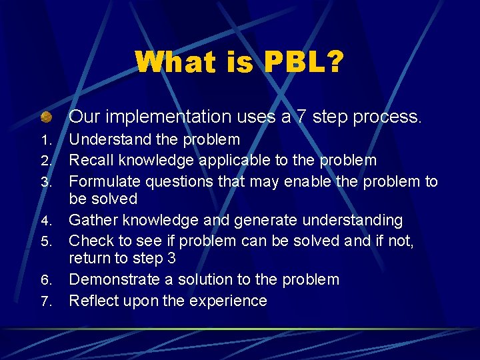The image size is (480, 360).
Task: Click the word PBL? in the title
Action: tap(305, 63)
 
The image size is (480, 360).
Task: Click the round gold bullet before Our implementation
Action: tap(45, 117)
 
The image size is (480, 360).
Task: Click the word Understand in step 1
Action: tap(111, 139)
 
